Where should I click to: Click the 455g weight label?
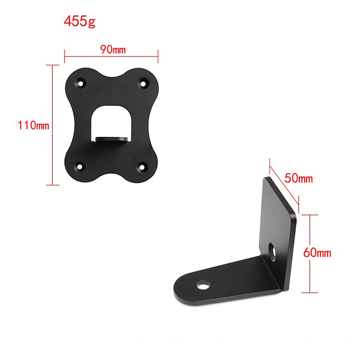79,22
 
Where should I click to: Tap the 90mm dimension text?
113,49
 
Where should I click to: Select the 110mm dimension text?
34,125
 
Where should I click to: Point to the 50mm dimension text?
299,178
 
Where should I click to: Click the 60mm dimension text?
317,253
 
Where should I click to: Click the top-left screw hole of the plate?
81,84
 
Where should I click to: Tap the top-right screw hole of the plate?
143,84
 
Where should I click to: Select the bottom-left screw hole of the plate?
80,167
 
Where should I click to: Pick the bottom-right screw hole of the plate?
142,167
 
